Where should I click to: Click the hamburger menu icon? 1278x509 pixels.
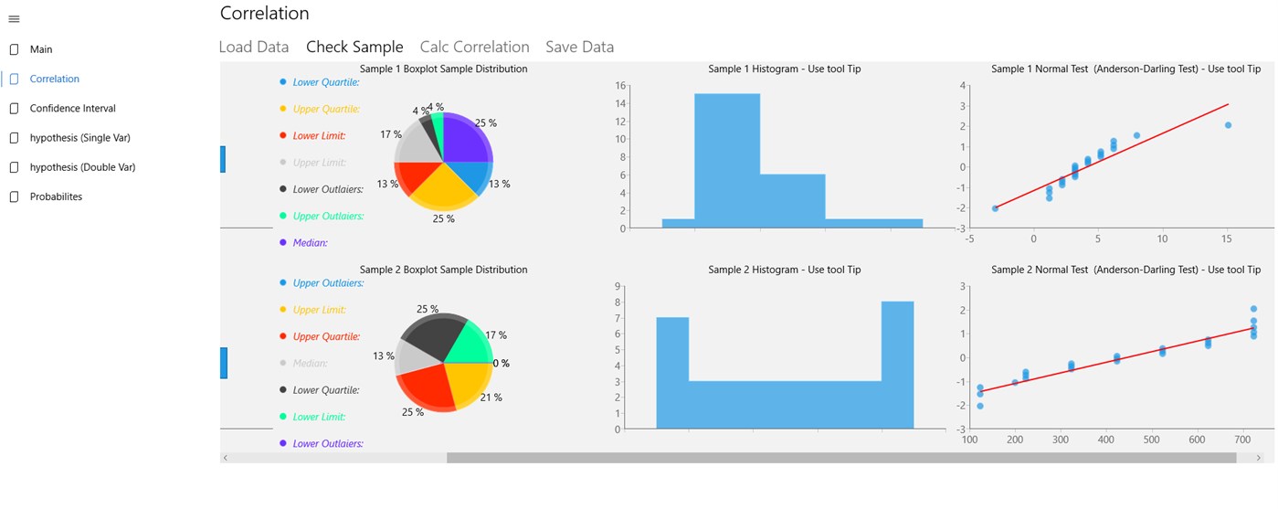14,19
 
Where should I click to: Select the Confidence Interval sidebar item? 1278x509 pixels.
72,109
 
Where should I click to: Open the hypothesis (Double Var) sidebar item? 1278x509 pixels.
82,167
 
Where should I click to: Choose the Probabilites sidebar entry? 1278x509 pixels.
56,196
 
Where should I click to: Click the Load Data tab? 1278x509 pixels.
254,47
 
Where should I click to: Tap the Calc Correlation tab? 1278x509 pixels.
474,47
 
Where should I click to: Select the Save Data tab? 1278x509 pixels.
579,47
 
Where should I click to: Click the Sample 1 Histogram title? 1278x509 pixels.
784,69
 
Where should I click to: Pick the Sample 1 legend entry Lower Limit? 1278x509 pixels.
319,136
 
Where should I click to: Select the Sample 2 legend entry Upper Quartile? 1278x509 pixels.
326,336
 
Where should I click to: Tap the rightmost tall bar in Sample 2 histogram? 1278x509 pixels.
897,366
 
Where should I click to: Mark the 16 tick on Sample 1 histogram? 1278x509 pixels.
620,86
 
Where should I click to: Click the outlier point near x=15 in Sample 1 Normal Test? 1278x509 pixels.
1228,125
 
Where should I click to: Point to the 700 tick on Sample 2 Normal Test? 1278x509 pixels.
1243,440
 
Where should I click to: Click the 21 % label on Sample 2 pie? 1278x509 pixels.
491,398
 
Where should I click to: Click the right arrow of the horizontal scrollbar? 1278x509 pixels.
1258,458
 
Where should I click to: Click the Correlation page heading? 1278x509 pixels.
264,14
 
